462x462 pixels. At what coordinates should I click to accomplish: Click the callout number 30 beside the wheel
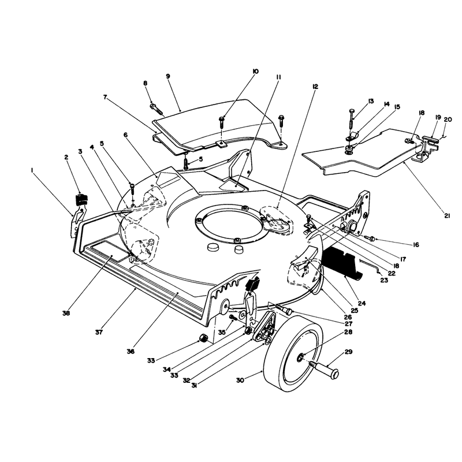pyautogui.click(x=240, y=381)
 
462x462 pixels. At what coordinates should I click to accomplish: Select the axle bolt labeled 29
pyautogui.click(x=324, y=370)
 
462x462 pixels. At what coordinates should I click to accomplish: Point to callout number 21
pyautogui.click(x=447, y=216)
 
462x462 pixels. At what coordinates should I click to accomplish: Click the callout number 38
pyautogui.click(x=66, y=313)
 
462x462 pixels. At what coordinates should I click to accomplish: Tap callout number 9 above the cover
pyautogui.click(x=167, y=76)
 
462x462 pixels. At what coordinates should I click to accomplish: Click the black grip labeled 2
pyautogui.click(x=81, y=199)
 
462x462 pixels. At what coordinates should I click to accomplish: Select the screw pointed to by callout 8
pyautogui.click(x=157, y=109)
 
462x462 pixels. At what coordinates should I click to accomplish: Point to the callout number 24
pyautogui.click(x=362, y=303)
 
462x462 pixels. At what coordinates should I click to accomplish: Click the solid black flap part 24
pyautogui.click(x=343, y=263)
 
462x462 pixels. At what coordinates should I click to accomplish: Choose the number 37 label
pyautogui.click(x=99, y=332)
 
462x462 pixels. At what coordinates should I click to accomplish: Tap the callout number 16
pyautogui.click(x=416, y=244)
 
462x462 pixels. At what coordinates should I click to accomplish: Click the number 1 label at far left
pyautogui.click(x=32, y=170)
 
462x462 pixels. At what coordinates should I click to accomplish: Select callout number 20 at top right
pyautogui.click(x=448, y=120)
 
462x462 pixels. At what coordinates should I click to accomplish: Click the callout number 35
pyautogui.click(x=222, y=332)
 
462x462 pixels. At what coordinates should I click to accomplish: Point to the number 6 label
pyautogui.click(x=125, y=135)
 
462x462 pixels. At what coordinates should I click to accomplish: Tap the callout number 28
pyautogui.click(x=348, y=332)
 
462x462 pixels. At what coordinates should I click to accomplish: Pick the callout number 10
pyautogui.click(x=255, y=71)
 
